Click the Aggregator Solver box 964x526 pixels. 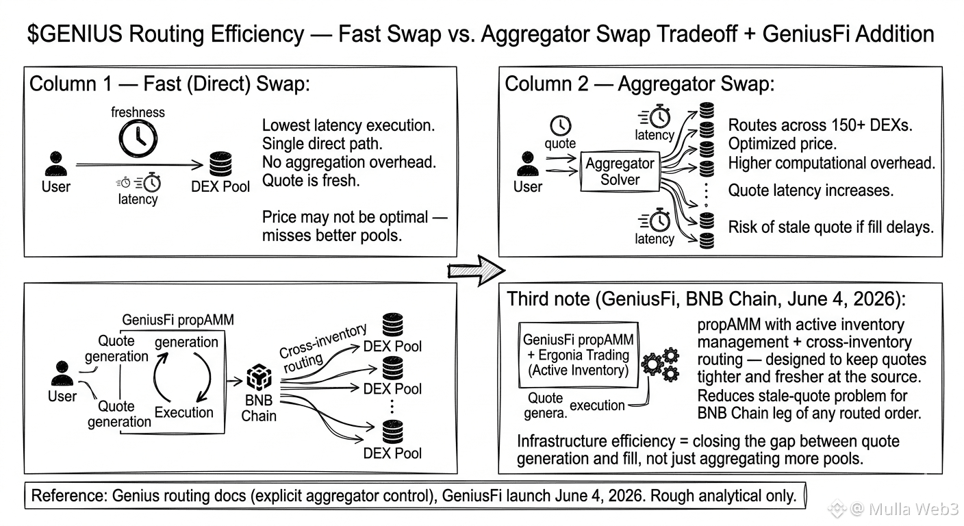(x=620, y=171)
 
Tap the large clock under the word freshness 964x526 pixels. (x=138, y=138)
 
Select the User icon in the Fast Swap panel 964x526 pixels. (x=56, y=164)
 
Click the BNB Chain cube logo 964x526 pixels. (x=259, y=377)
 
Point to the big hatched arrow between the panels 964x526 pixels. (x=476, y=271)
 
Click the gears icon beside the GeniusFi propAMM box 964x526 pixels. (x=661, y=365)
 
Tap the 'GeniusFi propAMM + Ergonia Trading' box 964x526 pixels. (x=579, y=355)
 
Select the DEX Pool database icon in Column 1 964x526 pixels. (x=220, y=164)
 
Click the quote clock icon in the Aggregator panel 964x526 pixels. (x=560, y=125)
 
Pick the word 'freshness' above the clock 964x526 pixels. (x=138, y=112)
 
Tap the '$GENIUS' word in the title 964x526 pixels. (x=75, y=34)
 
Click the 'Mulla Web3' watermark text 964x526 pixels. (x=913, y=509)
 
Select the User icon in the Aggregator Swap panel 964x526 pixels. (x=528, y=164)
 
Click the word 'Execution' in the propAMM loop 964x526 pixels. (x=183, y=412)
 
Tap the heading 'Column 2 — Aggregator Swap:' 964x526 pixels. (x=639, y=84)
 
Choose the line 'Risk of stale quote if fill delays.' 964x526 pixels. (x=831, y=227)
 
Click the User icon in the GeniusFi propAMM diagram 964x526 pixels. (x=62, y=373)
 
